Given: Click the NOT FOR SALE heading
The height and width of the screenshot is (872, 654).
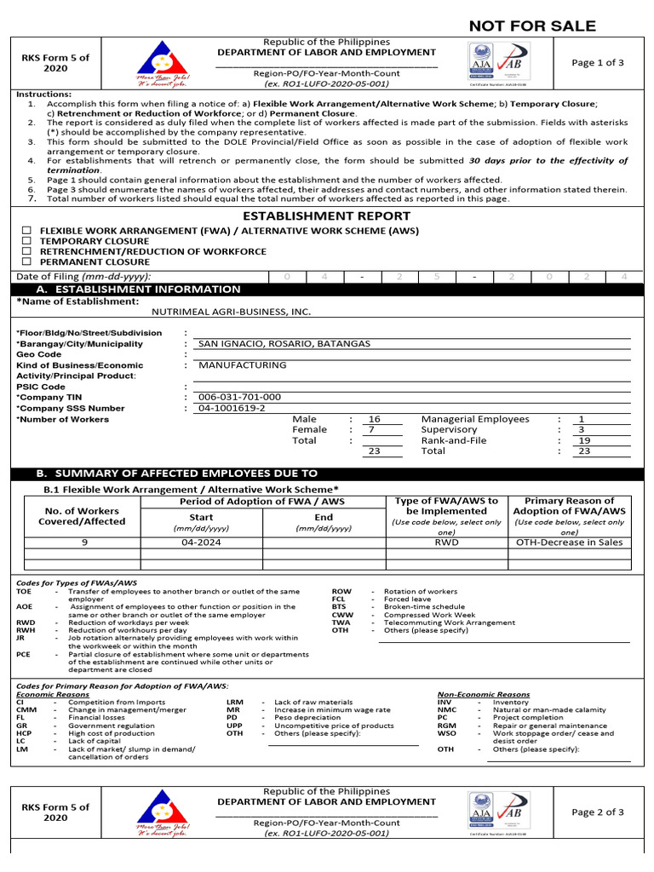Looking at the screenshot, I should point(532,26).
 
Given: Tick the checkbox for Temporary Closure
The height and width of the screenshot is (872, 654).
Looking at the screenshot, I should point(27,241).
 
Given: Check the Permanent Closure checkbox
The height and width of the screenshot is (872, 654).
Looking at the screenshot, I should point(27,262).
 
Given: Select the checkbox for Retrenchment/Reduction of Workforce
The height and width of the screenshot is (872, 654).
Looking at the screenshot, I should point(27,252).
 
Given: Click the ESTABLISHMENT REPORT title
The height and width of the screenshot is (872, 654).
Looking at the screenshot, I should point(327,216).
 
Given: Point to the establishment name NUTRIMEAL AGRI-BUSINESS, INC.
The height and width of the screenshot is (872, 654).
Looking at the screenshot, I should point(231,313).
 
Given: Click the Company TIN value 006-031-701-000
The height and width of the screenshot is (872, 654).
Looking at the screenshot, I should point(239,397).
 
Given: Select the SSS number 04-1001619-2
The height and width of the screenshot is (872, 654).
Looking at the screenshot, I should point(232,408).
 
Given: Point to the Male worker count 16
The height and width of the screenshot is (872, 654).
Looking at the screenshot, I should point(374,419).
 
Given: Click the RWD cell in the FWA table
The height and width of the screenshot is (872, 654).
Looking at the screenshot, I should point(446,542).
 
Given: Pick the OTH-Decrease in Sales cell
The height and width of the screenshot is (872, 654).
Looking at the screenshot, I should point(569,542).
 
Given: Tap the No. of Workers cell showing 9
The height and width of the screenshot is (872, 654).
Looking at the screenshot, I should point(84,542).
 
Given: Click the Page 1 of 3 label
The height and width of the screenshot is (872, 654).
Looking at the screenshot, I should point(598,63).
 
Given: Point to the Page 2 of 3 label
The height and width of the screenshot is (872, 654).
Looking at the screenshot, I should point(598,812).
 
